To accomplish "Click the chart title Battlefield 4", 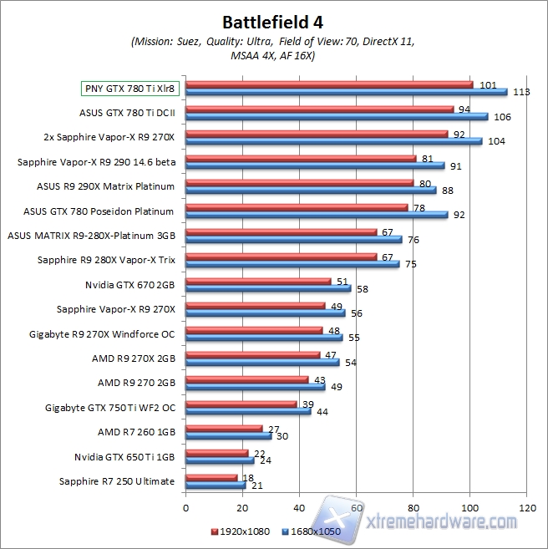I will (x=273, y=20).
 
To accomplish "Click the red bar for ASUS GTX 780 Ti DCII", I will (x=319, y=109).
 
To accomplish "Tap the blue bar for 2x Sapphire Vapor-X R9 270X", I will (x=333, y=140).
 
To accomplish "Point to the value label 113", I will (x=522, y=92).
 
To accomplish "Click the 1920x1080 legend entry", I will (x=244, y=531).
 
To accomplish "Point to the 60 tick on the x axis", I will (x=356, y=506).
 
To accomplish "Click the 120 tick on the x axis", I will (x=526, y=506).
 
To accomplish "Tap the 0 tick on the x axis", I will (x=185, y=506).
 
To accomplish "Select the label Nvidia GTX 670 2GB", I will (x=130, y=284).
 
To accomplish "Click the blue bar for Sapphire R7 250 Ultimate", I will (x=215, y=485).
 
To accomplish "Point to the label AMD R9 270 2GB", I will (x=137, y=383).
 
